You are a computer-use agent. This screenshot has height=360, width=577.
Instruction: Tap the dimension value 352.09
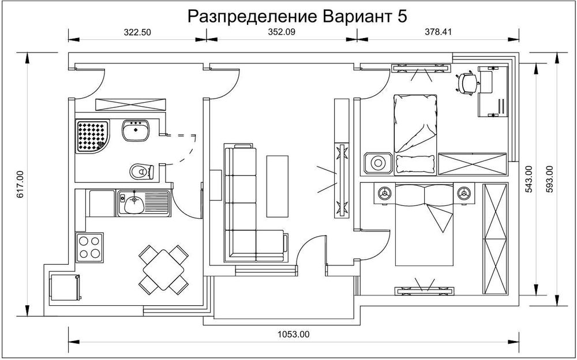click(x=281, y=33)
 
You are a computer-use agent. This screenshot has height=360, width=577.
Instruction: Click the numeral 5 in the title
click(x=402, y=17)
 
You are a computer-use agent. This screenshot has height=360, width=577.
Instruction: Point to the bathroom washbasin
click(x=136, y=130)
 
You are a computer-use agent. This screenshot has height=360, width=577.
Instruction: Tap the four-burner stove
click(x=89, y=247)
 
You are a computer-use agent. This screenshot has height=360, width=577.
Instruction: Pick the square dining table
click(x=164, y=268)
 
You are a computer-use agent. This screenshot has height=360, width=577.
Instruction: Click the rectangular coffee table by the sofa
click(x=277, y=186)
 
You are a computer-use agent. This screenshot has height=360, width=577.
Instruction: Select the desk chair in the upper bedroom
click(x=467, y=82)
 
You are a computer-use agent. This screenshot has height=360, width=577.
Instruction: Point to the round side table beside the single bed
click(x=378, y=163)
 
